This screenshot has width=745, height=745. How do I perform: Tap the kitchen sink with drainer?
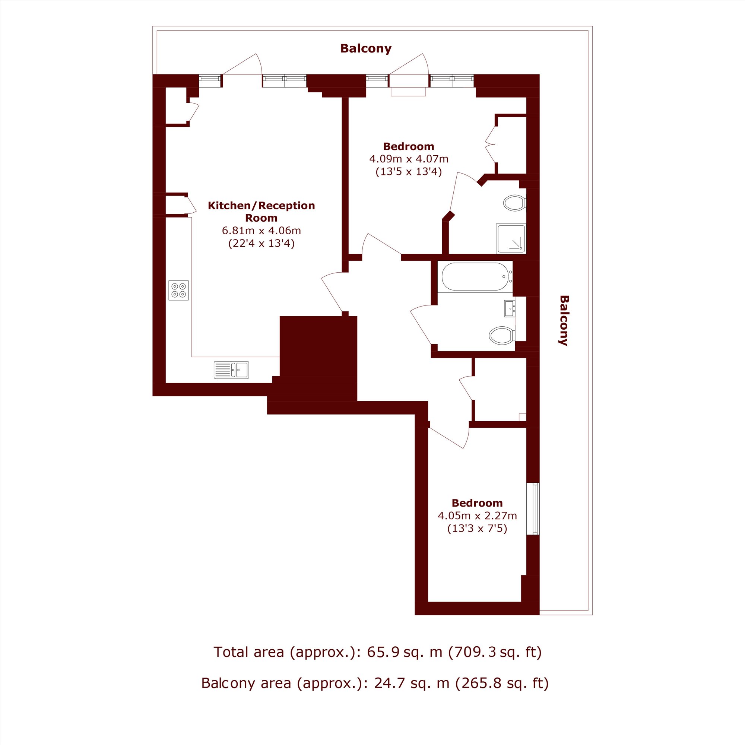231,370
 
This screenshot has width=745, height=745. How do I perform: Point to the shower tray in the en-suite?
511,239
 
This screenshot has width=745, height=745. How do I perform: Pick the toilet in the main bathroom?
502,335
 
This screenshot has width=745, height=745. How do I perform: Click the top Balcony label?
366,48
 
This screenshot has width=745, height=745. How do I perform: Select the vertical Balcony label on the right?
564,320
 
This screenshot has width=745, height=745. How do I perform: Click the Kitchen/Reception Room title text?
261,211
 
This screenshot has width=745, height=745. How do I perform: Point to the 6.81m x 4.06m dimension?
261,231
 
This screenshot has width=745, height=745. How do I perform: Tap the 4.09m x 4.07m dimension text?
409,158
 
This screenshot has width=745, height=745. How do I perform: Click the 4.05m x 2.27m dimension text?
478,516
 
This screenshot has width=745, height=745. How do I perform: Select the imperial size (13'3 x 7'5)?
478,528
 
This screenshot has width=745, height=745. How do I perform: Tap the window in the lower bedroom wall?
533,508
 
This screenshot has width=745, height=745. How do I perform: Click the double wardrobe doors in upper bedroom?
491,144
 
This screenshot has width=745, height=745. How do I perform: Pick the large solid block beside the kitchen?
318,346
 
